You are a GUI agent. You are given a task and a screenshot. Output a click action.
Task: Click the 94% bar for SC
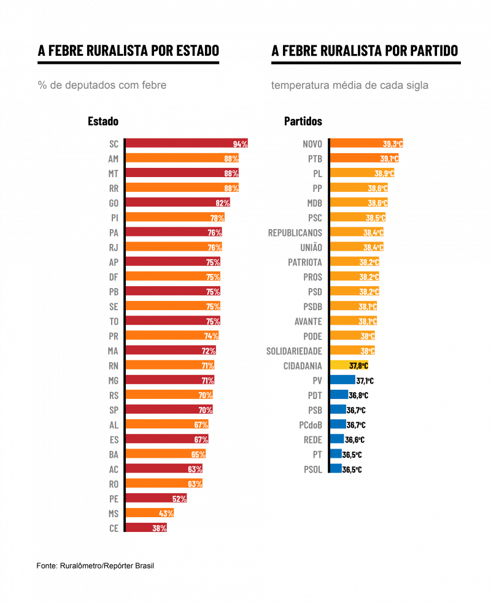pos(184,144)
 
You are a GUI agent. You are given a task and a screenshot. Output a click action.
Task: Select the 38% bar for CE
pos(145,528)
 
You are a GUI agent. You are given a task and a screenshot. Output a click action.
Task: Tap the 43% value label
pos(166,513)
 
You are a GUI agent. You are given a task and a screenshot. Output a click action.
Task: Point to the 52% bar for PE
pos(156,498)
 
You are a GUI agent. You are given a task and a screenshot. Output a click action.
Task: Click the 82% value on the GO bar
pos(222,203)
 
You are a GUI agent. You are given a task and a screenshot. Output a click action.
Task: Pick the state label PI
pos(114,218)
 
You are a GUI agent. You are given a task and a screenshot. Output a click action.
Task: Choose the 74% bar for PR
pos(172,336)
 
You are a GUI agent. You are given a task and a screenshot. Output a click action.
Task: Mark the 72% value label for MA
pos(209,351)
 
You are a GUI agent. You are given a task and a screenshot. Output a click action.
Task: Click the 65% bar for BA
pos(166,454)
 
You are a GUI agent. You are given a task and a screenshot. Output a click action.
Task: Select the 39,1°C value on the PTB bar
pos(389,159)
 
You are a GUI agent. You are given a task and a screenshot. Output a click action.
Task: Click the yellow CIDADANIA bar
pos(349,365)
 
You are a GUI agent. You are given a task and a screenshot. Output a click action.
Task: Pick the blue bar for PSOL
pos(336,469)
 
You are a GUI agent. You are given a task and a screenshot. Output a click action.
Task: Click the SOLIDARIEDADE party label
pos(294,351)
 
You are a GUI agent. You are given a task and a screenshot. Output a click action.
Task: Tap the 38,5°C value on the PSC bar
pos(376,218)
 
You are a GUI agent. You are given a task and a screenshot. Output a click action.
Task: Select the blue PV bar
pos(342,380)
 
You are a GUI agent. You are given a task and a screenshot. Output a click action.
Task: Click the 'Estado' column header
pos(103,121)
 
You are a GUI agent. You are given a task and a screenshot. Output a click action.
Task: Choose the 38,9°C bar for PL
pos(362,173)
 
